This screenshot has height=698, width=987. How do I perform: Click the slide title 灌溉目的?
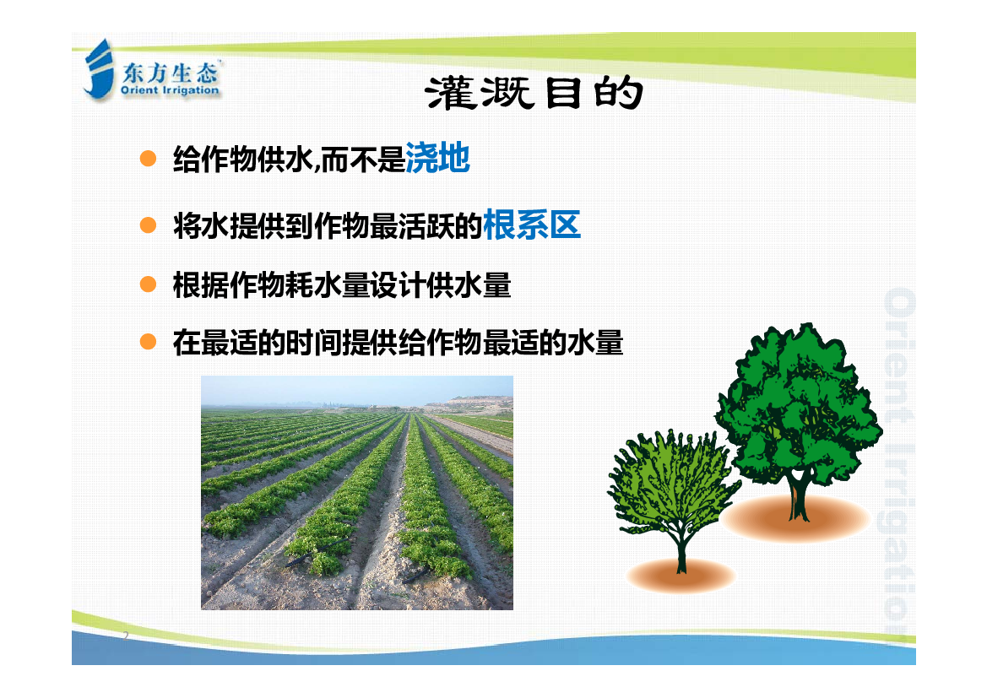[x=534, y=94]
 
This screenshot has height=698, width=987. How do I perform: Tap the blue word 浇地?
[x=437, y=157]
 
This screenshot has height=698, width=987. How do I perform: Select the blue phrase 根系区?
[x=532, y=225]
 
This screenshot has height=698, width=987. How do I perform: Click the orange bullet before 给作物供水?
[x=148, y=158]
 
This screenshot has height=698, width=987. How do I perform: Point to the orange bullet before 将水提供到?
[x=148, y=225]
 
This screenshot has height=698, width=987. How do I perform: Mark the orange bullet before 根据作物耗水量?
[x=148, y=284]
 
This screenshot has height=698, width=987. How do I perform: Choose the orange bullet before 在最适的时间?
[x=148, y=342]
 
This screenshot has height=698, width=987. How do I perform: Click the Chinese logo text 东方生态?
[x=170, y=73]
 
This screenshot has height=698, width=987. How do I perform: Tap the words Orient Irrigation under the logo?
[x=170, y=90]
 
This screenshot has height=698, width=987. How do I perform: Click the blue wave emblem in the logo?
[x=99, y=68]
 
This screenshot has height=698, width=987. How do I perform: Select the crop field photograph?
[x=357, y=492]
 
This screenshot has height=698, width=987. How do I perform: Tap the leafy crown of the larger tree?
[x=798, y=403]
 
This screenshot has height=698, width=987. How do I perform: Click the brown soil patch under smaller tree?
[x=681, y=574]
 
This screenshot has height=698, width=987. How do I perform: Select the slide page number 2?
[x=126, y=635]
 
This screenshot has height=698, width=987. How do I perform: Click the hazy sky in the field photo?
[x=357, y=389]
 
